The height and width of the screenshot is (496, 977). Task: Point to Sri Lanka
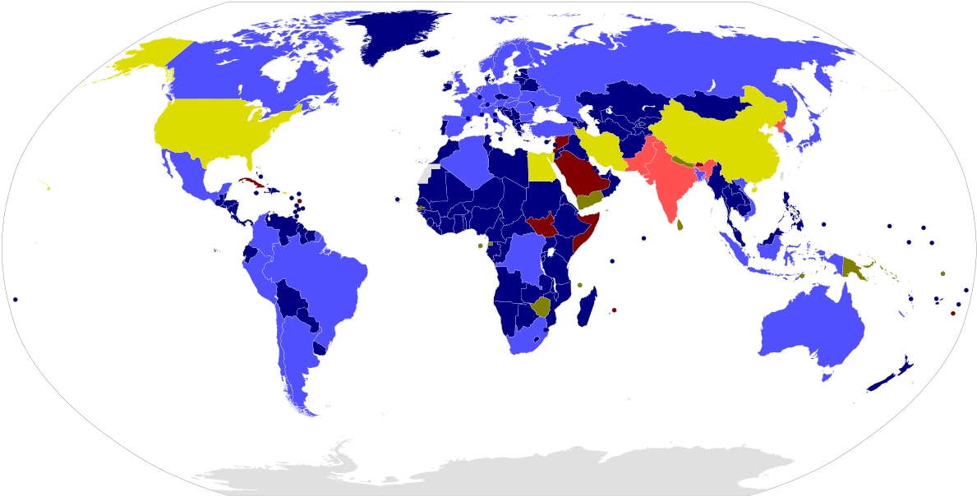(680, 223)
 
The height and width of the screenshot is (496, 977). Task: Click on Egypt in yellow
(540, 168)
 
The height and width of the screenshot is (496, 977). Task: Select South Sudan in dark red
(542, 223)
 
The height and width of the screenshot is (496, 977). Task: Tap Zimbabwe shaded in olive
(541, 307)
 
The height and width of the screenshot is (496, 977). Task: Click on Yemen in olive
(590, 199)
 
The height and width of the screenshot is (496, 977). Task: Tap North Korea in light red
(780, 127)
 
